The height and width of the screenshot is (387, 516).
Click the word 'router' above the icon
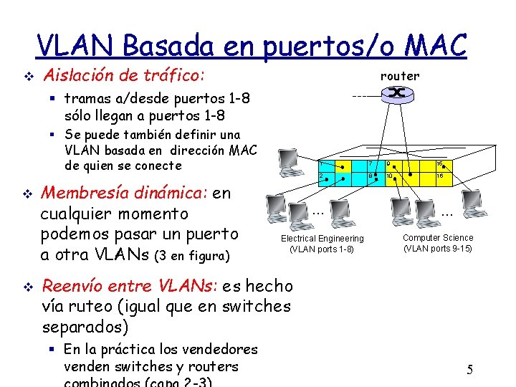(400, 76)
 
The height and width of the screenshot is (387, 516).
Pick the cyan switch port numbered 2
(322, 176)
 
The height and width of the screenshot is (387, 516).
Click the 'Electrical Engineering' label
(322, 238)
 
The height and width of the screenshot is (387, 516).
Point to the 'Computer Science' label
(438, 237)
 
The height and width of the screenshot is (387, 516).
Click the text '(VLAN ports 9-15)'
(438, 249)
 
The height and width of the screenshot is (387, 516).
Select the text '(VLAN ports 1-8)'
(322, 249)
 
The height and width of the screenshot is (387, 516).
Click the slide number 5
(470, 370)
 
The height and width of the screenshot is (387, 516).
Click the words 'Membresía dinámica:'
(125, 193)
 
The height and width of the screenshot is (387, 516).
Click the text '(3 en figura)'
(191, 256)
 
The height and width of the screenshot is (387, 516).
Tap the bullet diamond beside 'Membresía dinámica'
(27, 193)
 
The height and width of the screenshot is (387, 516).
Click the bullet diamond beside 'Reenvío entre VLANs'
(27, 287)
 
